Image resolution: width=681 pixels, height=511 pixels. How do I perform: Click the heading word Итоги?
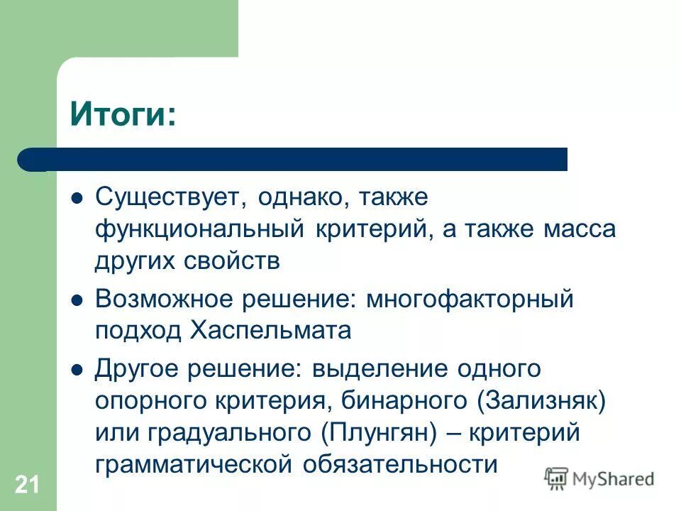point(119,114)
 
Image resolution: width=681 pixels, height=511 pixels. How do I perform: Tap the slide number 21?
point(26,485)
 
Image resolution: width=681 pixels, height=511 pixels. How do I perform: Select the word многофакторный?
point(470,299)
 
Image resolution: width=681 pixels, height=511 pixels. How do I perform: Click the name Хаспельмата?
point(270,331)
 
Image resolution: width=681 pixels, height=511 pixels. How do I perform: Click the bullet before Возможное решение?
point(78,300)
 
